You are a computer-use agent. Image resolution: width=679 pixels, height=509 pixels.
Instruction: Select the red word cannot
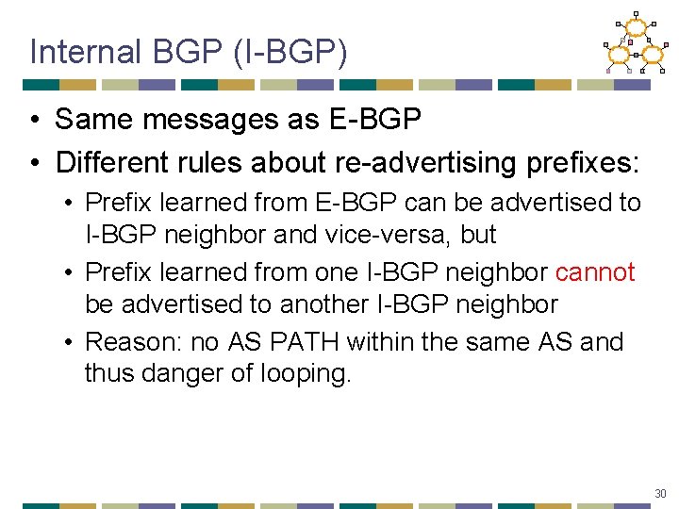595,272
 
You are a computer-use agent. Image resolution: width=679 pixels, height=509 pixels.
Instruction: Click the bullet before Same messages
34,120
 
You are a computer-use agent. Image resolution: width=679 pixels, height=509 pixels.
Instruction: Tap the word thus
108,373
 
